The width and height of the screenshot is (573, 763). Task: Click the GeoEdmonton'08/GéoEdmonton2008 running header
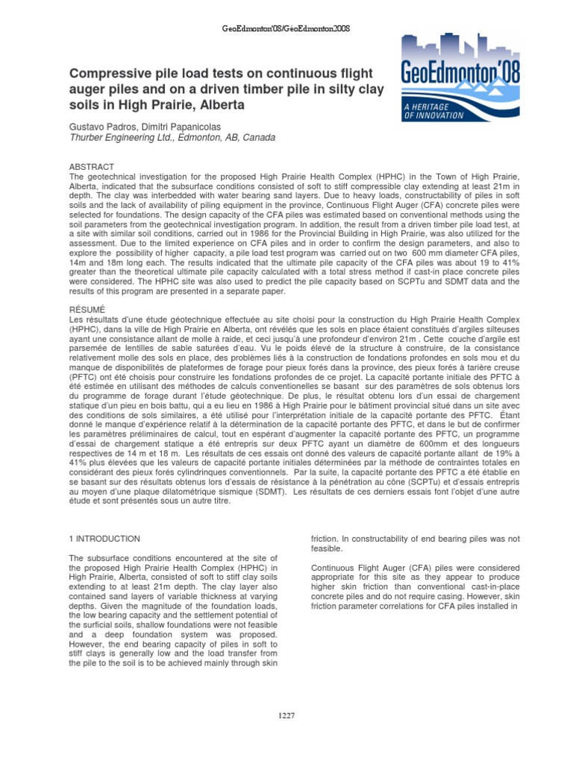tap(286, 29)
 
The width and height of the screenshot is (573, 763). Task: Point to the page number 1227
tap(286, 716)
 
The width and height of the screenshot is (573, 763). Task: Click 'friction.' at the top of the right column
tap(327, 539)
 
